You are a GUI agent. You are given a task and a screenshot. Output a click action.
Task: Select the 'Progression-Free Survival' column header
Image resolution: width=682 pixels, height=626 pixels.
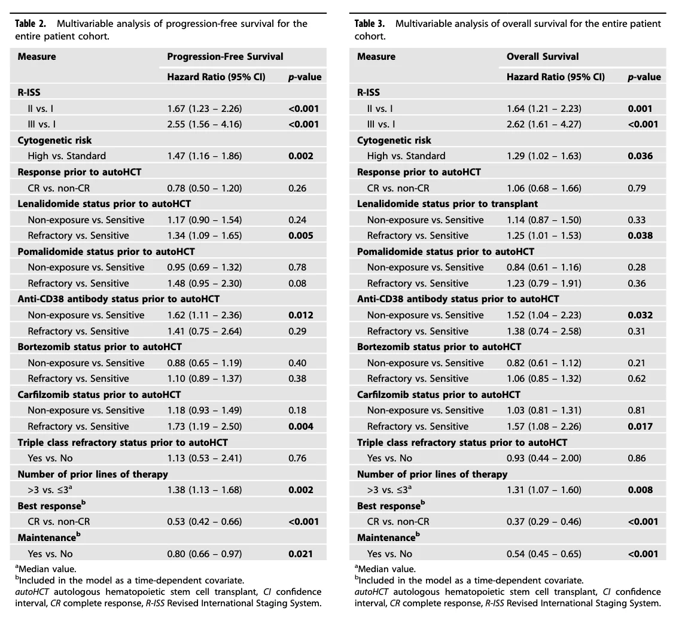click(225, 57)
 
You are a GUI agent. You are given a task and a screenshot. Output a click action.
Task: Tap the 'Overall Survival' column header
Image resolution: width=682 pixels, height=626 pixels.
click(543, 57)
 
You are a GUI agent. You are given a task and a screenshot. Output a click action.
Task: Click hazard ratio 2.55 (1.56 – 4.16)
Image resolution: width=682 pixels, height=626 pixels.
click(205, 124)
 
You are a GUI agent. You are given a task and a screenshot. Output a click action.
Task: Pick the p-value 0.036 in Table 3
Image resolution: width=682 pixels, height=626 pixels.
click(640, 156)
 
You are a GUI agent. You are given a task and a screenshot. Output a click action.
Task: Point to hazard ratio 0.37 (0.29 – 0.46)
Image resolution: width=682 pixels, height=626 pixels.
click(544, 522)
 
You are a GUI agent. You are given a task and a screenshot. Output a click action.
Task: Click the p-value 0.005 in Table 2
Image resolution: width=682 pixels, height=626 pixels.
click(300, 236)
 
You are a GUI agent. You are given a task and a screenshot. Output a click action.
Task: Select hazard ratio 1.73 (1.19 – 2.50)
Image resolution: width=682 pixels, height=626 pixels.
click(205, 427)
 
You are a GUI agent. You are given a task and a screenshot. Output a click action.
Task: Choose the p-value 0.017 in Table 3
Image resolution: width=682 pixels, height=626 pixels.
click(640, 427)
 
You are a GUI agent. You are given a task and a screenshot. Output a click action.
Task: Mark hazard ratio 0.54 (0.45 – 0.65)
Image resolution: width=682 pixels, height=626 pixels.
click(544, 554)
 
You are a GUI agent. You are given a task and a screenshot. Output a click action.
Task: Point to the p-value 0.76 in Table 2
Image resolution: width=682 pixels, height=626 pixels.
click(297, 458)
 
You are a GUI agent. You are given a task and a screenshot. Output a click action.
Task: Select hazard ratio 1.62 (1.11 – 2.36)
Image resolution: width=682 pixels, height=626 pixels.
click(205, 315)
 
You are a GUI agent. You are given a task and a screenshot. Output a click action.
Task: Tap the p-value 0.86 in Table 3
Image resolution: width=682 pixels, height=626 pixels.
click(637, 458)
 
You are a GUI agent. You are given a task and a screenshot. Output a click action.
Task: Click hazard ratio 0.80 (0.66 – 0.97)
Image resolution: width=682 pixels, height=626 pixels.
click(205, 554)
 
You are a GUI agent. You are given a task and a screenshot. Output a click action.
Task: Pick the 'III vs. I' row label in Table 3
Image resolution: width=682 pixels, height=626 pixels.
click(381, 124)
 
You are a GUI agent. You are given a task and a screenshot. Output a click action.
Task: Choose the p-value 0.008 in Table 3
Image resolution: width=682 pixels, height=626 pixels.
click(640, 490)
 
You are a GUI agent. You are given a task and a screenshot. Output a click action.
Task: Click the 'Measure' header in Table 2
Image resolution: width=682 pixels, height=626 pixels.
click(37, 57)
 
